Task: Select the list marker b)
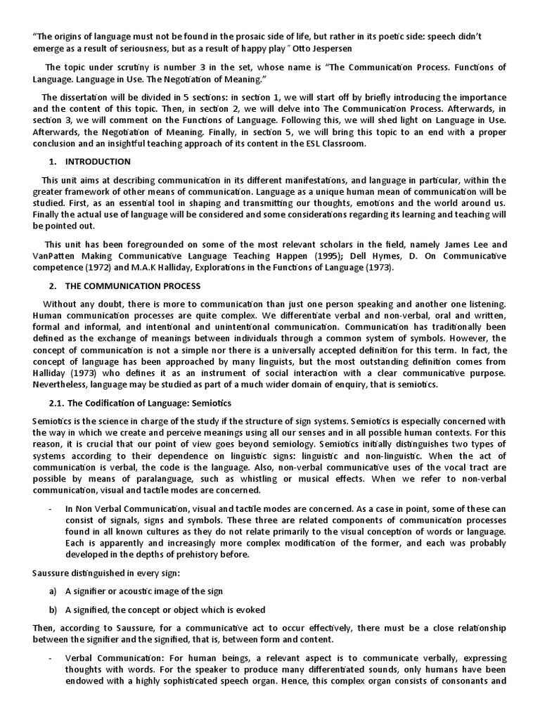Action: (53, 609)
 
